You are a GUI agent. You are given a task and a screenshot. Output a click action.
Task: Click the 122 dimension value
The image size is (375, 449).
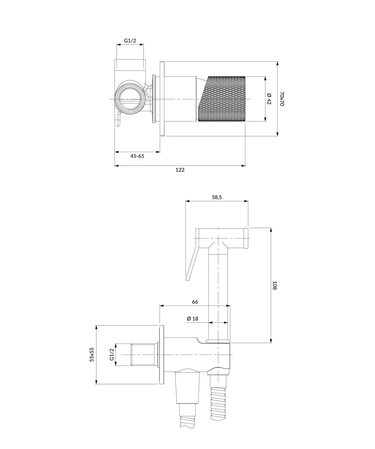tap(180, 170)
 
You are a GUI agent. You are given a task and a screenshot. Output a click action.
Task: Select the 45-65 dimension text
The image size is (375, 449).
tap(137, 156)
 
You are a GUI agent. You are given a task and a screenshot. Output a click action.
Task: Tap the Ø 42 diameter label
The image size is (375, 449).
tap(269, 99)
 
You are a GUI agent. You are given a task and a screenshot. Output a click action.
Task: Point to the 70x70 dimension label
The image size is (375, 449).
tap(282, 99)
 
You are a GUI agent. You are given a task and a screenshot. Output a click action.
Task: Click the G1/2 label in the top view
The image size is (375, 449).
tap(130, 40)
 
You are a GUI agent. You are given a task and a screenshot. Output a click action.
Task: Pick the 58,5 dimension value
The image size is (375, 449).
tap(217, 197)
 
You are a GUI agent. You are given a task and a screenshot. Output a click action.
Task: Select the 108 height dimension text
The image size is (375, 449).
tap(274, 285)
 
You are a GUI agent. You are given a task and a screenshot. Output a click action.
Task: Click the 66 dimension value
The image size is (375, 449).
tap(195, 302)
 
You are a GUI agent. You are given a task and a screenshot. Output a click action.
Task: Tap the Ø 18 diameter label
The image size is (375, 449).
tap(192, 318)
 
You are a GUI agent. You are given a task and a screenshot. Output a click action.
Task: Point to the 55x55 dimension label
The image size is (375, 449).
tap(92, 354)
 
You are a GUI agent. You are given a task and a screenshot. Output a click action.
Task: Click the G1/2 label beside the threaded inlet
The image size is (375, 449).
tap(112, 354)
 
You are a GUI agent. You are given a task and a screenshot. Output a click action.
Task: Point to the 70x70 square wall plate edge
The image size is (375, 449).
tap(162, 99)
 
